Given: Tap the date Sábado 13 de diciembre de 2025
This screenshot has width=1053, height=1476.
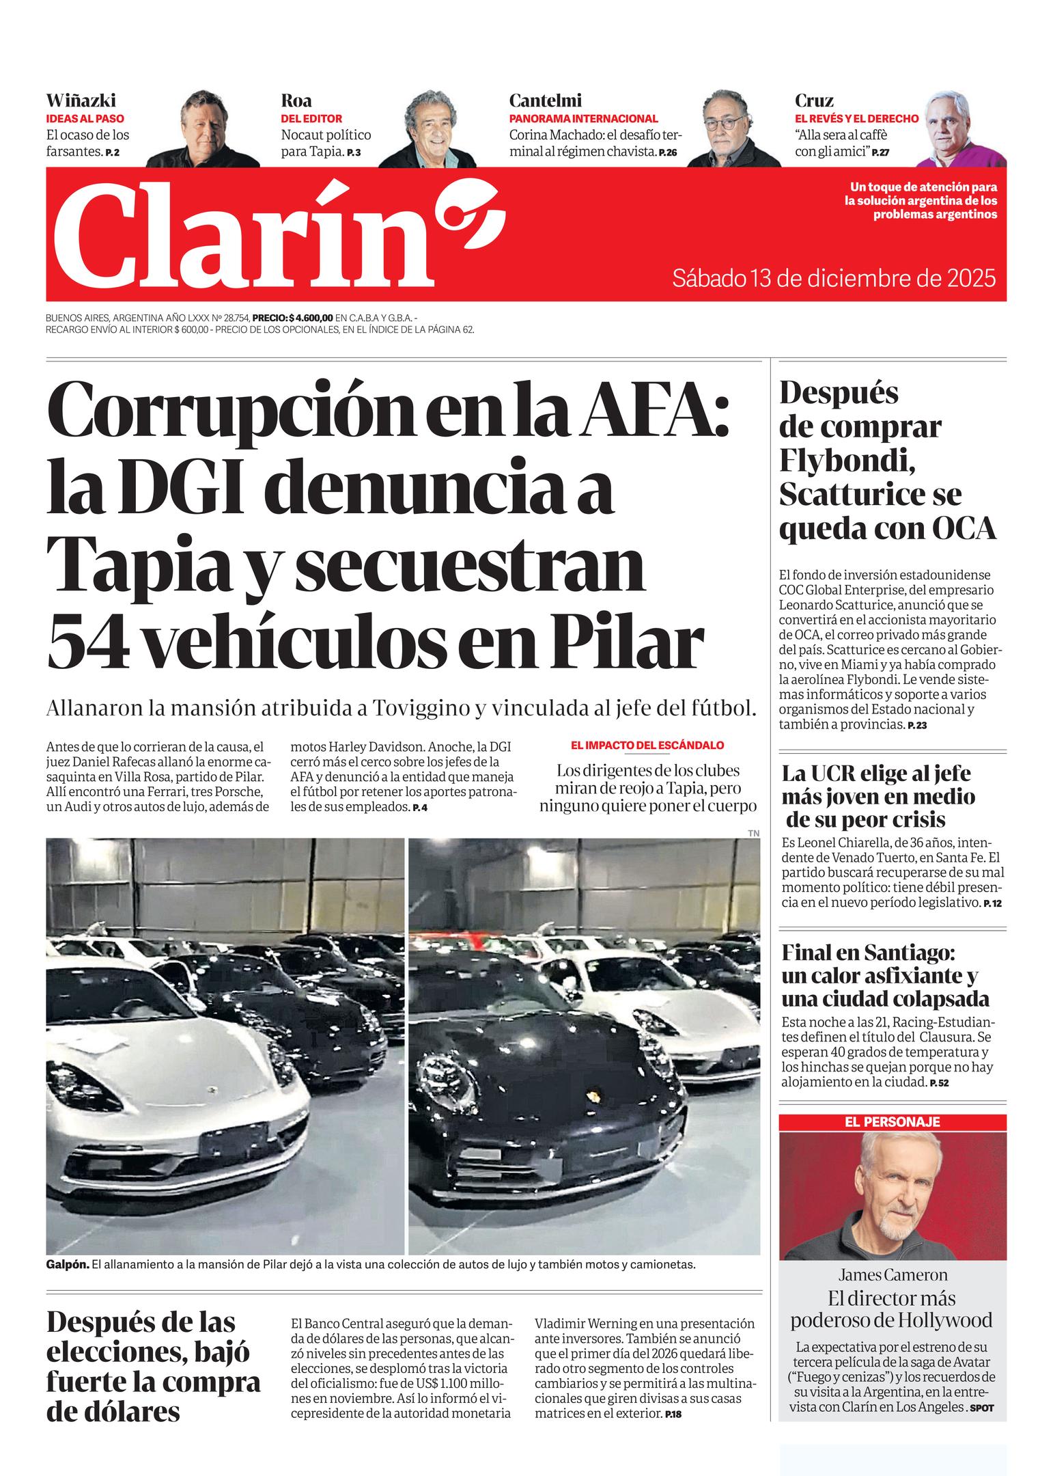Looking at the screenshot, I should tap(834, 279).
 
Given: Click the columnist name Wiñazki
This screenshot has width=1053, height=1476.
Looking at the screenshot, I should tap(81, 100).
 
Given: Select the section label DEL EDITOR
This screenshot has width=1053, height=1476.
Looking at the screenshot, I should tap(311, 118).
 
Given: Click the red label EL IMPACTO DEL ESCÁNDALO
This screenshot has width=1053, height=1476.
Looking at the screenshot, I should tap(647, 745).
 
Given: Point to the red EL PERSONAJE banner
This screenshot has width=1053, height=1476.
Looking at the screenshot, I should tap(893, 1122).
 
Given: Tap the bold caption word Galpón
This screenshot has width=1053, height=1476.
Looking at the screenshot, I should tap(67, 1264).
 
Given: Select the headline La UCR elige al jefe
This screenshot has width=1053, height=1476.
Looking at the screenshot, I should tap(876, 774).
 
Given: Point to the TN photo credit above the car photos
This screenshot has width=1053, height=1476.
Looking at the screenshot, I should tap(753, 833).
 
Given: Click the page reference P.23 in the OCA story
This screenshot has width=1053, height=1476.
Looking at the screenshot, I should tap(916, 726).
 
